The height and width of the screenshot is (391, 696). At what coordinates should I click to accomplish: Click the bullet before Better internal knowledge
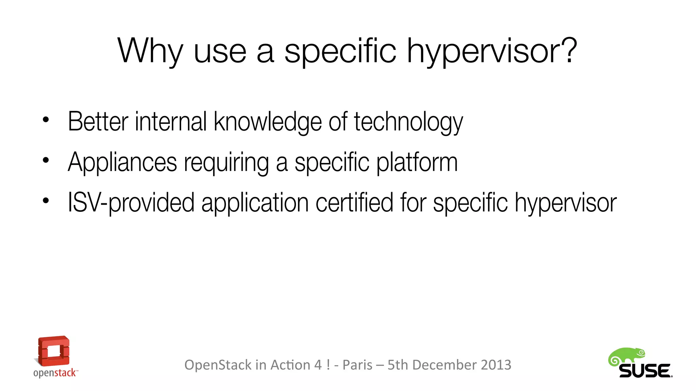(x=46, y=120)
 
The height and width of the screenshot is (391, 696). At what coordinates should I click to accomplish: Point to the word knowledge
(x=267, y=122)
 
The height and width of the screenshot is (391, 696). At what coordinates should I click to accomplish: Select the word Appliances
(x=122, y=162)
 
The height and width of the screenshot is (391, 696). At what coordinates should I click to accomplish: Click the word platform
(x=417, y=162)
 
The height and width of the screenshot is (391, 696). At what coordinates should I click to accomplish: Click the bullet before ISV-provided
(x=46, y=201)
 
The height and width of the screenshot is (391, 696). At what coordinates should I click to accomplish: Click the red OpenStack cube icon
(x=53, y=351)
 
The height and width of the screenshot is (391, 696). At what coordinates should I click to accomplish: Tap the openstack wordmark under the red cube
(x=55, y=373)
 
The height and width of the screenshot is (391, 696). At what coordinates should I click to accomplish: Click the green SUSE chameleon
(x=626, y=356)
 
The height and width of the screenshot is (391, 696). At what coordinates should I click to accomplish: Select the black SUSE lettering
(x=645, y=371)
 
